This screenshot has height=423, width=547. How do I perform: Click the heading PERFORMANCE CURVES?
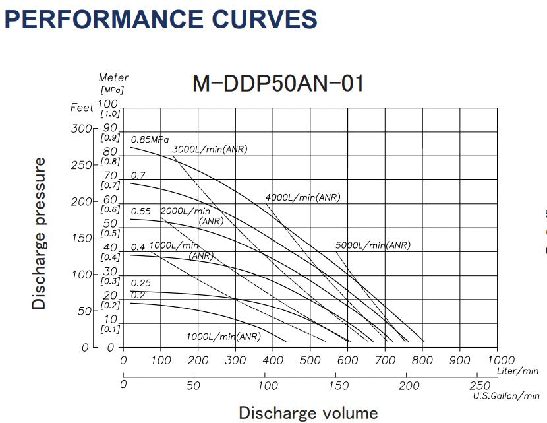161,20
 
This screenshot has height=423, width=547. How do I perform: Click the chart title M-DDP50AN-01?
277,84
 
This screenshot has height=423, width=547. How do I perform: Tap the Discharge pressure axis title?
40,233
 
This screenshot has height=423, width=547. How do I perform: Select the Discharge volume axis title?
308,413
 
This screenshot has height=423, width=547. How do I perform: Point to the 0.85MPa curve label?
150,139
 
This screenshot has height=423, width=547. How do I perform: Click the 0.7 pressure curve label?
138,176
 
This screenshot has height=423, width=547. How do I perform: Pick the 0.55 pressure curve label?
141,211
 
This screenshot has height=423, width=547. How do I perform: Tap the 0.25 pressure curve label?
141,283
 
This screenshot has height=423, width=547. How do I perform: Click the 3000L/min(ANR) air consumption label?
210,150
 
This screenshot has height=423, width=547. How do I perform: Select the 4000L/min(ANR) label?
302,197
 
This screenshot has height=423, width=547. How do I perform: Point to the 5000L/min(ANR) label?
372,245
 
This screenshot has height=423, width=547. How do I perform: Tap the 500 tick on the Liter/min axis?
310,360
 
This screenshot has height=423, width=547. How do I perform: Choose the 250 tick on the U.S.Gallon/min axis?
480,385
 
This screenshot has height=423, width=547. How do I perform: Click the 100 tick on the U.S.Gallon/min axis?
266,385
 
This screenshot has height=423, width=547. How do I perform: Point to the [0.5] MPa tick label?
109,233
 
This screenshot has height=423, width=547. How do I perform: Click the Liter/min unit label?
517,371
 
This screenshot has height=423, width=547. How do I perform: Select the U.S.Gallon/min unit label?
505,396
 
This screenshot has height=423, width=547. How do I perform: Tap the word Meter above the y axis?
113,79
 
